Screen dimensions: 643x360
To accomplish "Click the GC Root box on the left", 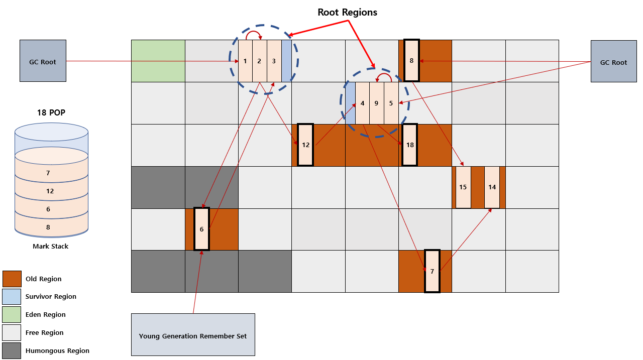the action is pos(43,61).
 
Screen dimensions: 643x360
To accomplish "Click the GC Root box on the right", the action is pos(614,61).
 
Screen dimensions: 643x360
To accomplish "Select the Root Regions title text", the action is pos(347,13).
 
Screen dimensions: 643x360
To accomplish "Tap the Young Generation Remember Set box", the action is pos(193,334).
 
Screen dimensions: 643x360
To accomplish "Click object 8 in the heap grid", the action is pos(411,61).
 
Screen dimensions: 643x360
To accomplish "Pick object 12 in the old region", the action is pos(305,145).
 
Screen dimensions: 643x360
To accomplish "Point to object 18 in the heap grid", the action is pos(409,145).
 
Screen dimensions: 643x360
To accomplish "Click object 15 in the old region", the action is pos(463,187).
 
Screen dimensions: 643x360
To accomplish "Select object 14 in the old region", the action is pos(492,187).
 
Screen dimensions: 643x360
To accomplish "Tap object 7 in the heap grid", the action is pos(433,271).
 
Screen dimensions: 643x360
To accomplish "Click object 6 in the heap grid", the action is pos(201,229).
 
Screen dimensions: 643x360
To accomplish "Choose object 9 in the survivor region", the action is pos(377,103).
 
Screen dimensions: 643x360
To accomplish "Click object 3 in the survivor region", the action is pos(274,61).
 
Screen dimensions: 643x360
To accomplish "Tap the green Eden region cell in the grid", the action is pos(158,61).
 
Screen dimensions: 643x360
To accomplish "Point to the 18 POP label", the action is pos(51,112).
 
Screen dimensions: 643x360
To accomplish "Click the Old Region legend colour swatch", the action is pos(12,279).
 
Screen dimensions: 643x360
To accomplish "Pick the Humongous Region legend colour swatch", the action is pos(12,350).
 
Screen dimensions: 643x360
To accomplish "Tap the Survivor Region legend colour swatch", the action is pos(12,296).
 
